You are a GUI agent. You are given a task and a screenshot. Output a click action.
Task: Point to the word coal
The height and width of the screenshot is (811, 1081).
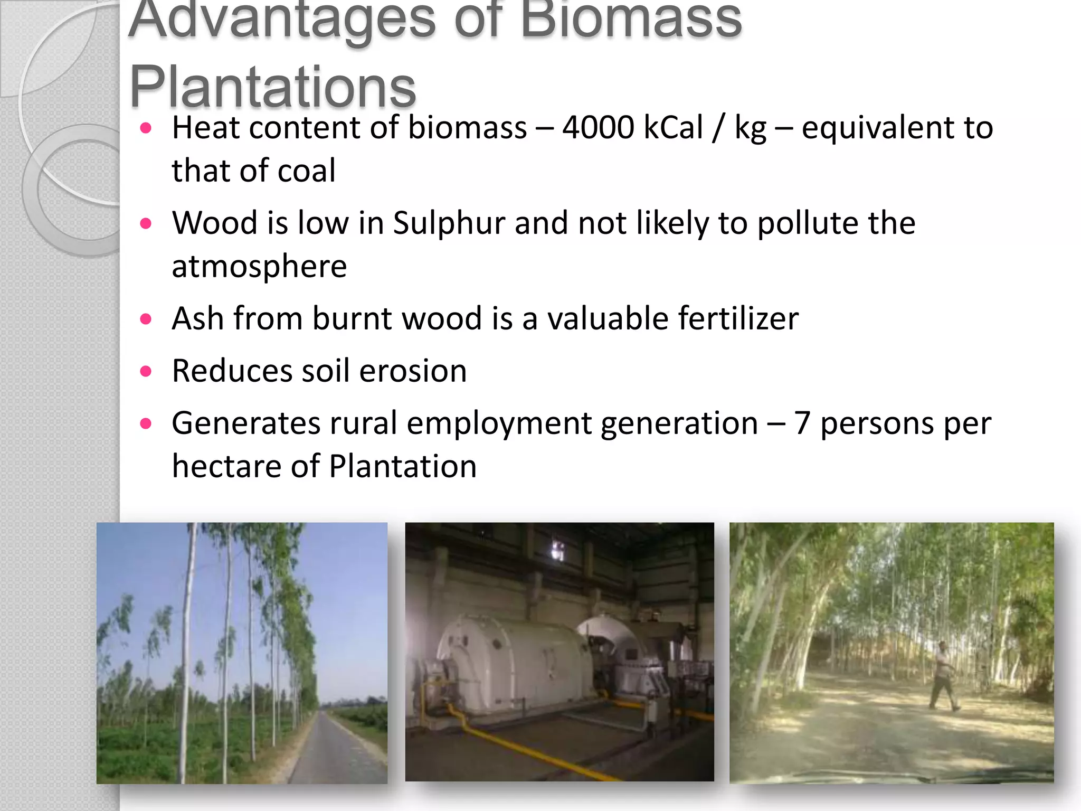click(307, 171)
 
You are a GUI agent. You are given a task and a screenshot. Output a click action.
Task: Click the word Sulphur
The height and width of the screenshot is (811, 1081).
click(449, 223)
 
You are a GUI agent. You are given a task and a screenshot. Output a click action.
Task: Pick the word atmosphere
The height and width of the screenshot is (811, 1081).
click(259, 266)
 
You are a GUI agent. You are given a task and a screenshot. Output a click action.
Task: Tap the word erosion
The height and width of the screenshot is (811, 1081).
click(413, 371)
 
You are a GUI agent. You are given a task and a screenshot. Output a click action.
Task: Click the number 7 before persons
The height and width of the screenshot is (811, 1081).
click(802, 423)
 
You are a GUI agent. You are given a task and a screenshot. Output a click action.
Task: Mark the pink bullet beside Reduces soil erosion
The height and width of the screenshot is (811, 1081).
click(146, 371)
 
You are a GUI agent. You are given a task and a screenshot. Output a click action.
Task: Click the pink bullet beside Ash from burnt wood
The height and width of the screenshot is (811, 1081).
click(146, 319)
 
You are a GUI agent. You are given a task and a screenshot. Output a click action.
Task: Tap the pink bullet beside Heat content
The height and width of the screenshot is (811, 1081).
click(146, 128)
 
